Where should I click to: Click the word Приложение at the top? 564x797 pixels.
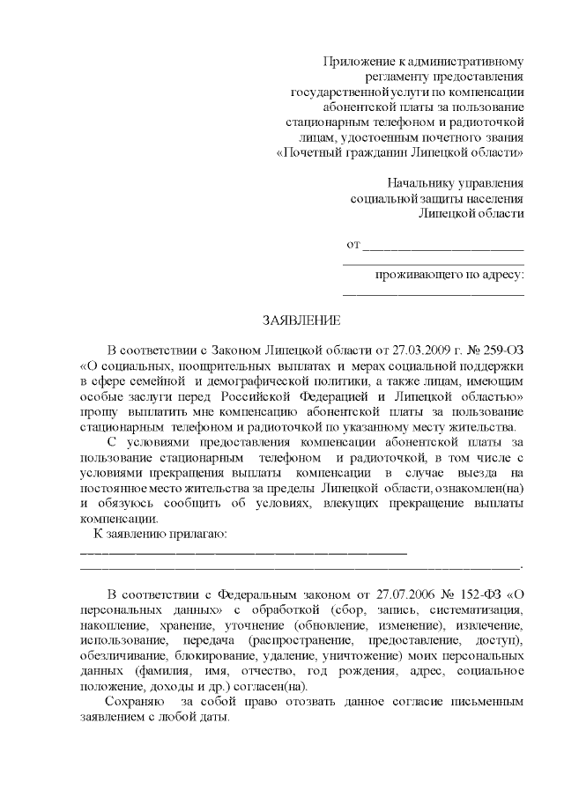(x=360, y=62)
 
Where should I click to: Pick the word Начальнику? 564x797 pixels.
(x=424, y=183)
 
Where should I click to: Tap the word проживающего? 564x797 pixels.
(x=414, y=275)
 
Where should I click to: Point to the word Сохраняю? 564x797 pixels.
(x=133, y=702)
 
